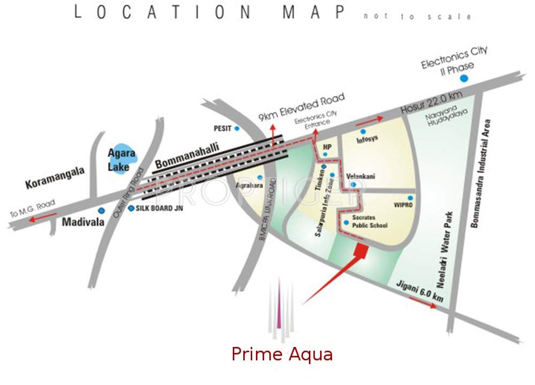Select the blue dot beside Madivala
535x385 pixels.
tap(101, 210)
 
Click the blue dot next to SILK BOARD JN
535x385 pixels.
tap(131, 208)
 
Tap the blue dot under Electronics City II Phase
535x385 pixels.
tap(464, 78)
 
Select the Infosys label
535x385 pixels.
tap(367, 139)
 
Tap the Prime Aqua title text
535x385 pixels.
tap(282, 354)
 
